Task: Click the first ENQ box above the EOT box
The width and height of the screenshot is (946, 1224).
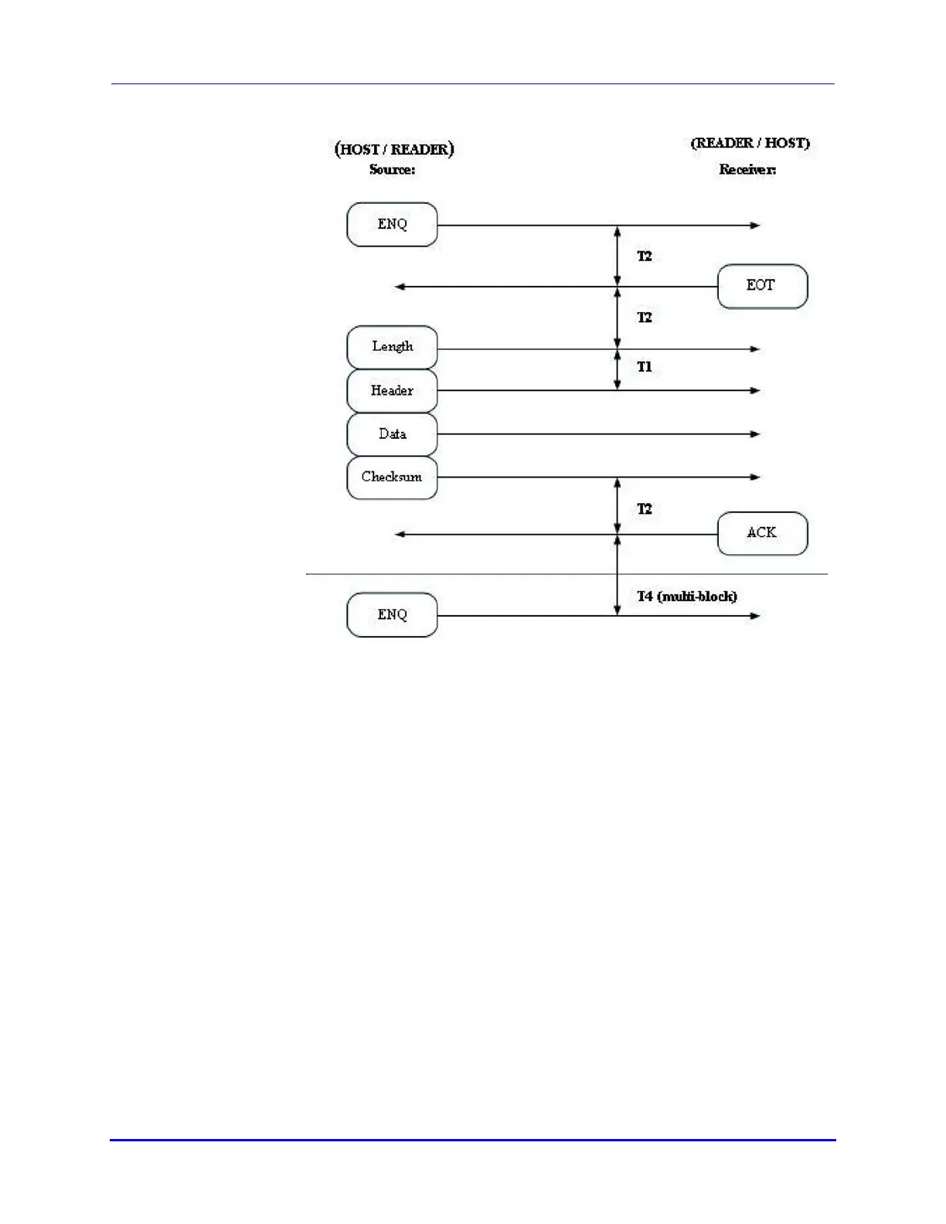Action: pos(392,224)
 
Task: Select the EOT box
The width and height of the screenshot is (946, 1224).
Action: pos(762,286)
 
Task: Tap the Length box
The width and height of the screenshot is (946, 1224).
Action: pos(392,347)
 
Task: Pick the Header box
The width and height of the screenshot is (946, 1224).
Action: pos(392,390)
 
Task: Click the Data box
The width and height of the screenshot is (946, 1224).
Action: pos(392,433)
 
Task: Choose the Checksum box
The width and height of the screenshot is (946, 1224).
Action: pos(392,477)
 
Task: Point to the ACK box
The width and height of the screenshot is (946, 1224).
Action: pos(762,532)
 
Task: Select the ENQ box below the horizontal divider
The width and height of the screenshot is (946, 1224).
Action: pos(392,614)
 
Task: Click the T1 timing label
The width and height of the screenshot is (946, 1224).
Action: pos(645,367)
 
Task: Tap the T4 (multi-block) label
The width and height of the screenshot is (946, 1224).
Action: pos(686,596)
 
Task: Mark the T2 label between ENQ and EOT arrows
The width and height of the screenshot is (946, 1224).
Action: pos(645,256)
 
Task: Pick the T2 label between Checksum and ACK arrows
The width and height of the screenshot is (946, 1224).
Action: pos(645,508)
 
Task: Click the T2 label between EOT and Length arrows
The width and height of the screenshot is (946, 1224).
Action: pos(645,318)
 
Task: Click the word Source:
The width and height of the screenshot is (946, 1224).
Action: pos(392,169)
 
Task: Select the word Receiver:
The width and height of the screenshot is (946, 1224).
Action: pos(747,169)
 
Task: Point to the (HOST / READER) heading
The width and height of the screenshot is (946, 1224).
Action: pos(394,148)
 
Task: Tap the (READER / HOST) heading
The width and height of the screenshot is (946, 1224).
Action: pos(750,143)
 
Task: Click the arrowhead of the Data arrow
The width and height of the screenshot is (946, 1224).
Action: pos(756,434)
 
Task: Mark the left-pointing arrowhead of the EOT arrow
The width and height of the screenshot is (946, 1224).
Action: pos(400,287)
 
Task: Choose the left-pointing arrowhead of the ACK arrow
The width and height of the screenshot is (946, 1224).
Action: pos(400,534)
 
